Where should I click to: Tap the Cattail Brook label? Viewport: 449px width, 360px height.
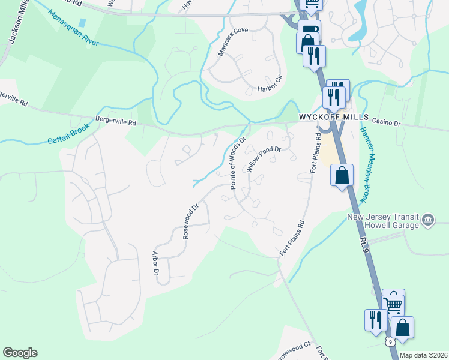pyautogui.click(x=69, y=134)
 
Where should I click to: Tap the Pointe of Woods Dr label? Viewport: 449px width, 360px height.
pyautogui.click(x=238, y=163)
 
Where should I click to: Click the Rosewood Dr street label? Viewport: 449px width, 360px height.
pyautogui.click(x=191, y=222)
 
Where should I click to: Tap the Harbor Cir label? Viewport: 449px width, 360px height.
pyautogui.click(x=270, y=88)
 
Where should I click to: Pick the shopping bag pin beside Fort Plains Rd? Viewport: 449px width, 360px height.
pyautogui.click(x=342, y=176)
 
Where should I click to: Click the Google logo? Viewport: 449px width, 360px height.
pyautogui.click(x=20, y=353)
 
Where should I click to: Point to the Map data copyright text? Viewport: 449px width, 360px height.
pyautogui.click(x=423, y=355)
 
